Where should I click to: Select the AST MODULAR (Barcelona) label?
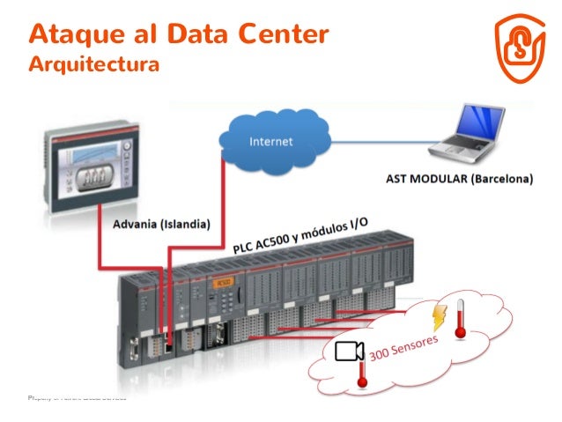459,179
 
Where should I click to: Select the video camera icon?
349,352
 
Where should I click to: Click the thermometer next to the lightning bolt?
458,323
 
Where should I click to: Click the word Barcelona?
500,179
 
